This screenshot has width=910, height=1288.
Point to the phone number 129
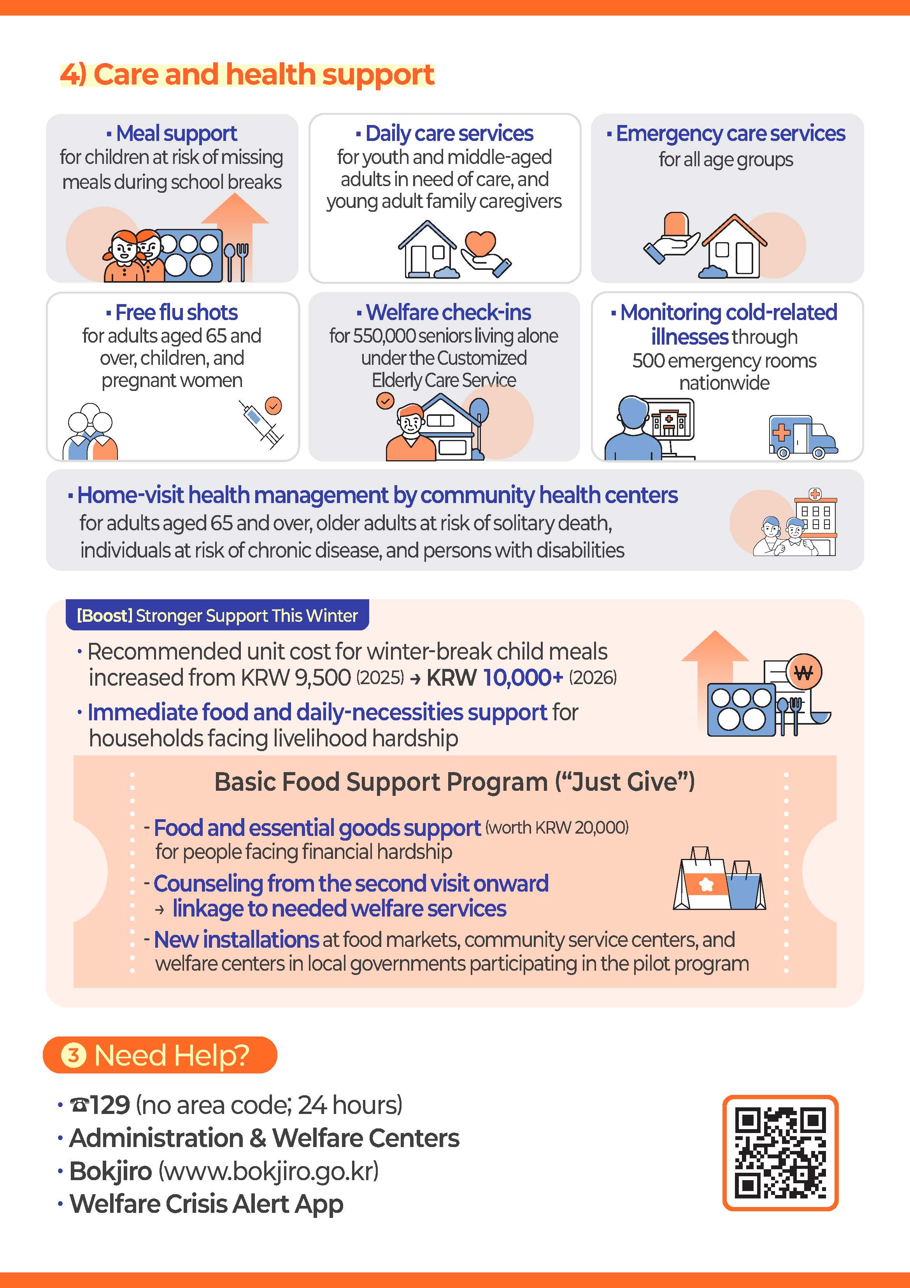point(110,1105)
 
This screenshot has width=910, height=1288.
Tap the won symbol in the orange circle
point(803,672)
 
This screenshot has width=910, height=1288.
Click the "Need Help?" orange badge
point(160,1055)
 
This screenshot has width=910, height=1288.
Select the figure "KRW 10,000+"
point(494,677)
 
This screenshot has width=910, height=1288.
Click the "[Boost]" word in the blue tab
point(104,616)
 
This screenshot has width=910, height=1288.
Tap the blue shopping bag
point(745,885)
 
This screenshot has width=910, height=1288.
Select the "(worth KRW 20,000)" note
point(557,827)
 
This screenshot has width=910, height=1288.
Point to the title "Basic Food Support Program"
point(381,781)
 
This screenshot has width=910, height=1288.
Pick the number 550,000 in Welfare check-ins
point(384,336)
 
